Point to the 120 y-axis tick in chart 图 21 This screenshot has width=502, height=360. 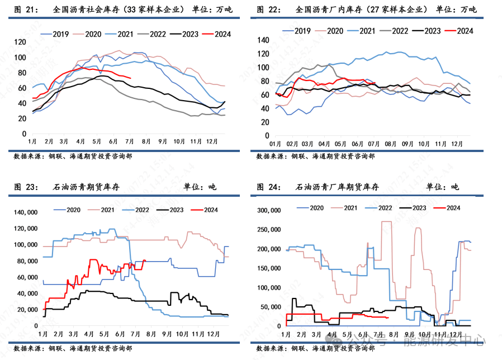21,42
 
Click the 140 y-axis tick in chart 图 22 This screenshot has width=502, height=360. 264,40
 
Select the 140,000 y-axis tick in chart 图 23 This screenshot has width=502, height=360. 25,212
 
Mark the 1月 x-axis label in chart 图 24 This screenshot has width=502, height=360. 286,334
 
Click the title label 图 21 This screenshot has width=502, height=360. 25,10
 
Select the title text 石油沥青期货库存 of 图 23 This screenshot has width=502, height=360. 87,187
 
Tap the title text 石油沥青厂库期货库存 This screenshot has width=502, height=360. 337,187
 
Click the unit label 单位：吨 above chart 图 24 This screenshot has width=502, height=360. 442,187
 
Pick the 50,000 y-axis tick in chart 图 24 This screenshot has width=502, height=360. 269,306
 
